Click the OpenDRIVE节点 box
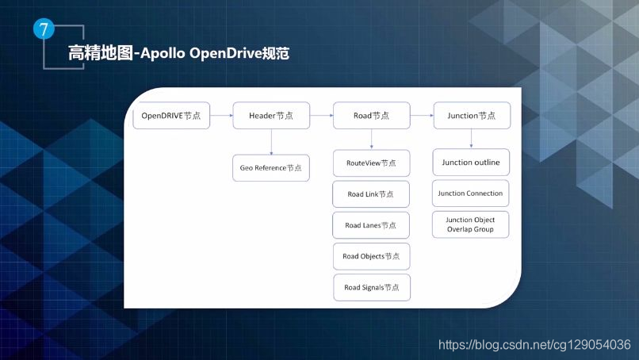[170, 116]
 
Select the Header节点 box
[270, 116]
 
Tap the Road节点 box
[371, 116]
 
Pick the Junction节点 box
[472, 116]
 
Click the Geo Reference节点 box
[271, 167]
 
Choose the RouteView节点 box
[371, 163]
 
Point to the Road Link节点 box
[371, 194]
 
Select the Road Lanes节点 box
[371, 225]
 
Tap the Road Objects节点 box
[371, 256]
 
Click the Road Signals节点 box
[371, 287]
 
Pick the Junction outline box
[471, 163]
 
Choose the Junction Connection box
[471, 193]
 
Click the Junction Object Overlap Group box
[471, 224]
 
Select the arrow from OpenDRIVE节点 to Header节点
[221, 116]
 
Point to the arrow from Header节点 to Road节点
[321, 116]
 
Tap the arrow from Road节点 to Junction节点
[422, 116]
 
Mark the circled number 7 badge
[44, 30]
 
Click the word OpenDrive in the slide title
[224, 54]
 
